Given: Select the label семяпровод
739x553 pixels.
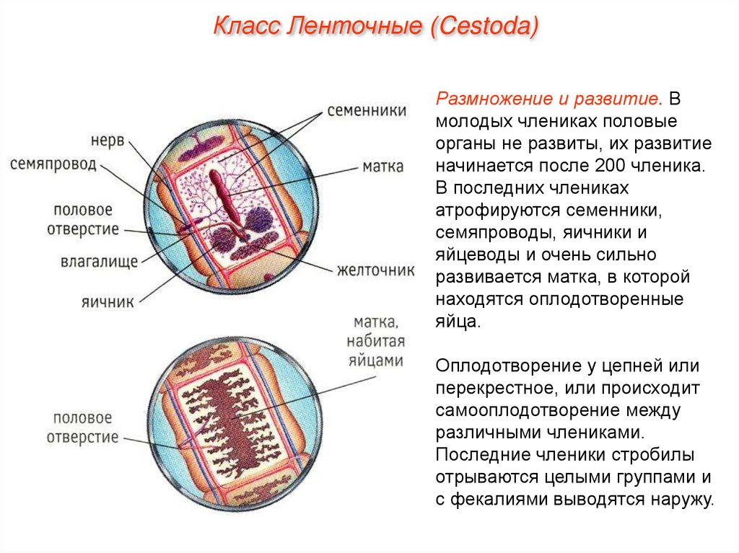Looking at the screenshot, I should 53,164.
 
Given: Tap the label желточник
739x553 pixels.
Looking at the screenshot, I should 375,270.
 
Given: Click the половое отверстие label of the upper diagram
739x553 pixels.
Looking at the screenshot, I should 83,220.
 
